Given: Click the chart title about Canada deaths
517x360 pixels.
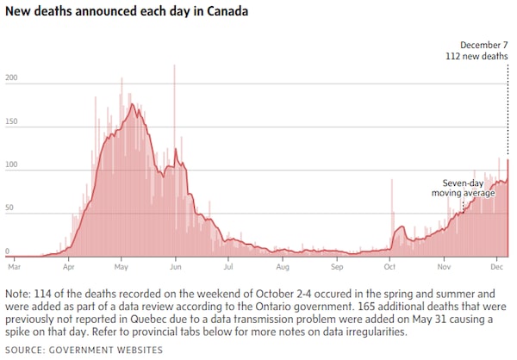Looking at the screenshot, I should (127, 12).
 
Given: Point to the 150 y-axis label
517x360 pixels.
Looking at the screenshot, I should (10, 123).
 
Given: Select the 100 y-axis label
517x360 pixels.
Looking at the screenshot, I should (10, 167).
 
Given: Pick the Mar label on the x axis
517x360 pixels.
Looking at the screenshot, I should (14, 267).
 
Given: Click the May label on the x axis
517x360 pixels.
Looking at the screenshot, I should (121, 267).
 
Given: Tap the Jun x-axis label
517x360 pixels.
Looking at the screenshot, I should (176, 267).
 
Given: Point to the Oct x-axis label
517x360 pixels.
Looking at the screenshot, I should (389, 267).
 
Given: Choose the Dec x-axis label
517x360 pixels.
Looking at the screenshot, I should (497, 267).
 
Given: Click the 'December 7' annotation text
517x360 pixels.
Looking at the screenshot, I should (483, 45).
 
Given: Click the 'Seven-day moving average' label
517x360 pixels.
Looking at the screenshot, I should (464, 188).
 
